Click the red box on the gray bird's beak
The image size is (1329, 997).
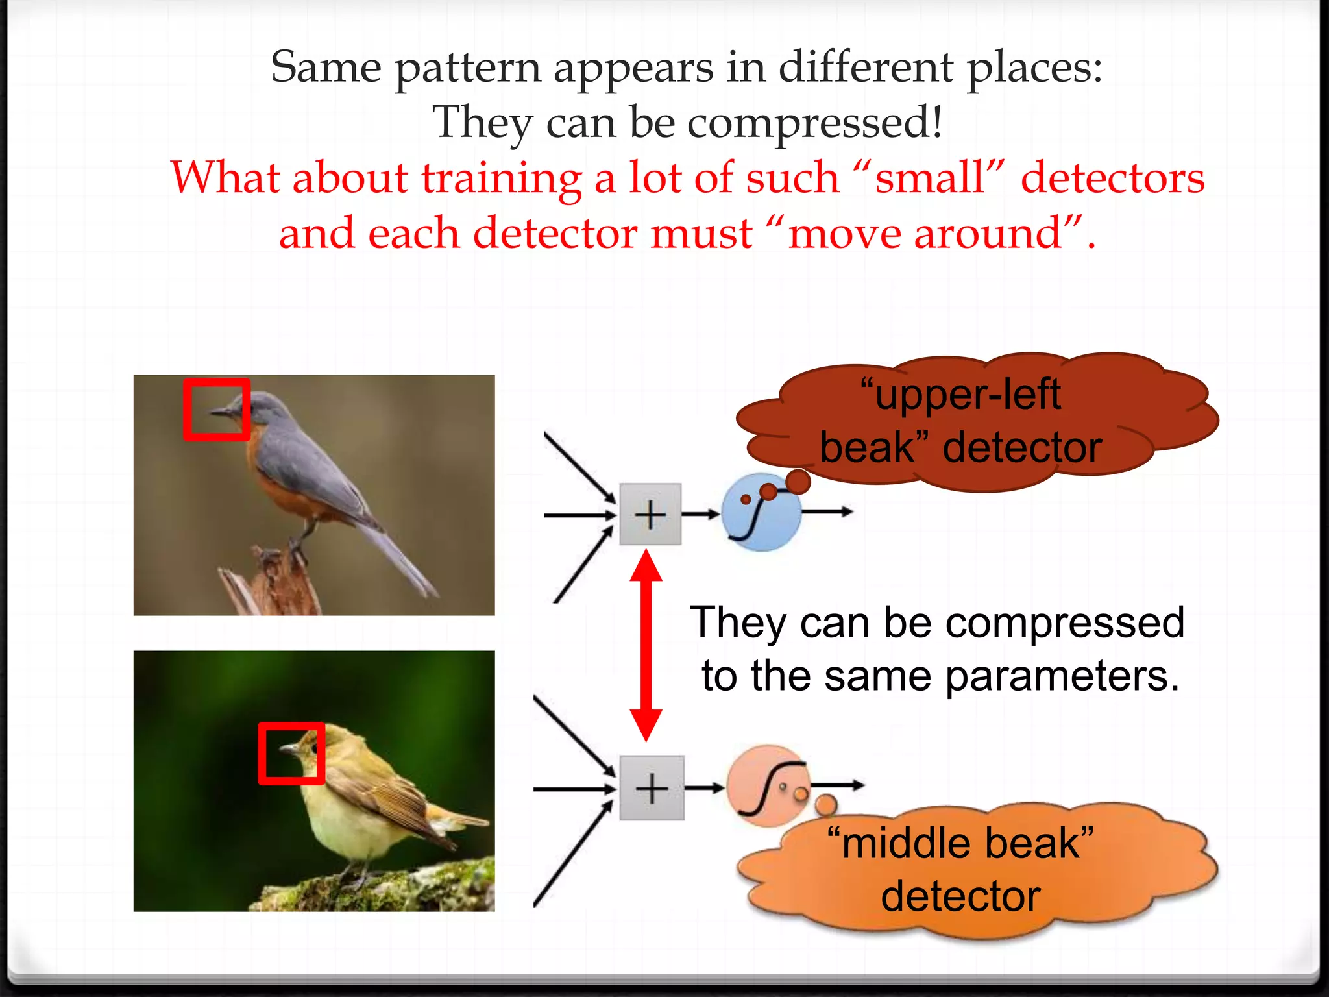[x=217, y=410]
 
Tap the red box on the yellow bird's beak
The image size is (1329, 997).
[x=291, y=753]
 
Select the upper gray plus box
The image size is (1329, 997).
[x=650, y=514]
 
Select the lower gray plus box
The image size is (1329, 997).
[x=652, y=788]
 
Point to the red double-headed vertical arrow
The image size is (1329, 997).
[x=646, y=646]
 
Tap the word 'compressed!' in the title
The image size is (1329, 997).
[x=814, y=122]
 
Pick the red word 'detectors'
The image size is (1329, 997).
[x=1112, y=178]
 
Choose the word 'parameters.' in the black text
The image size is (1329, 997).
[x=1062, y=676]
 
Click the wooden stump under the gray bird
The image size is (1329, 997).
[x=276, y=584]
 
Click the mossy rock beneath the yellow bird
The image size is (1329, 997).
[x=389, y=889]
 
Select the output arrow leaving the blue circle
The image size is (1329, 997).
[x=827, y=512]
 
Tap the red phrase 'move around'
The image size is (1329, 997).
[x=925, y=234]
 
